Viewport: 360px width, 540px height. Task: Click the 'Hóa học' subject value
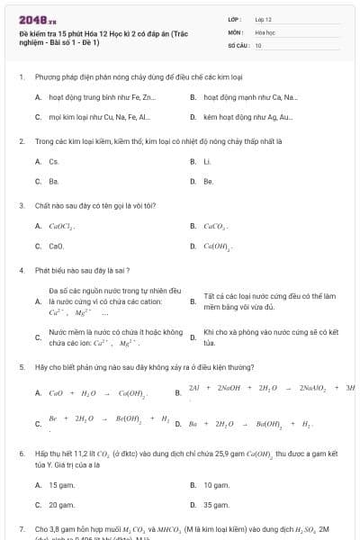[x=265, y=31]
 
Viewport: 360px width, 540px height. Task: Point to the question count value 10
[x=258, y=44]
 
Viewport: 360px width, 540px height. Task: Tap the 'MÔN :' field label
[x=236, y=31]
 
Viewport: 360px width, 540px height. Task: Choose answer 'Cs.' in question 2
[x=54, y=161]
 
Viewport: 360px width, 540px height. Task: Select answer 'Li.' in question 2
[x=207, y=161]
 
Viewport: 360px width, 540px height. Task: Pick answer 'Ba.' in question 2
[x=54, y=181]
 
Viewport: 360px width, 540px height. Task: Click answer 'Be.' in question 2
[x=208, y=181]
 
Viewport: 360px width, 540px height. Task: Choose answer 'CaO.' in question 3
[x=56, y=246]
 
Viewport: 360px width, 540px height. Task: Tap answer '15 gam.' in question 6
[x=62, y=485]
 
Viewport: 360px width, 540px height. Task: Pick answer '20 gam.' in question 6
[x=62, y=505]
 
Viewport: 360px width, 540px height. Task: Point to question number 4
[x=22, y=270]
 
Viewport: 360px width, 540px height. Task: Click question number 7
[x=22, y=529]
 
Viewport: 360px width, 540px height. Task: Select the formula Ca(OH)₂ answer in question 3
[x=218, y=246]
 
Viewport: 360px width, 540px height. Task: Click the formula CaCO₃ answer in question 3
[x=216, y=226]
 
